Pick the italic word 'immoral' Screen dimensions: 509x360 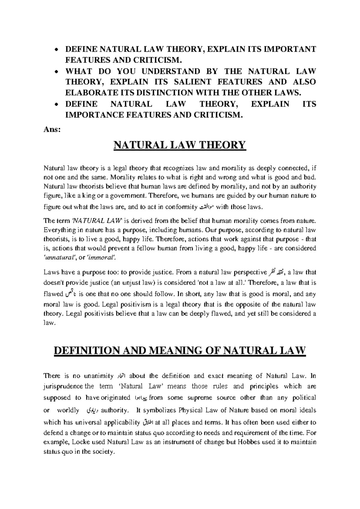point(101,258)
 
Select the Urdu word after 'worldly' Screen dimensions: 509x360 point(90,410)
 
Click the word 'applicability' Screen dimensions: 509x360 point(121,423)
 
